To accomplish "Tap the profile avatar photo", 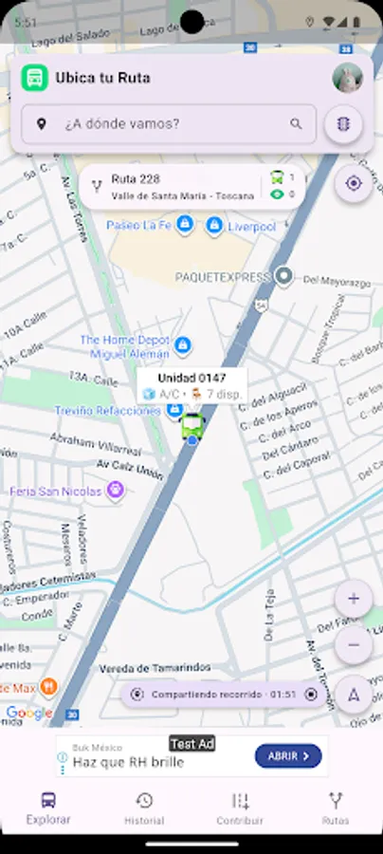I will point(348,78).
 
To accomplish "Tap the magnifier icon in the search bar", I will point(297,123).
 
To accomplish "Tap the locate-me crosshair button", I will point(354,183).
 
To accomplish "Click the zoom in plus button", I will point(354,599).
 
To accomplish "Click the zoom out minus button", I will point(354,645).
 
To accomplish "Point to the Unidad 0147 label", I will point(191,378).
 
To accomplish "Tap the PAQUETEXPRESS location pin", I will point(283,277).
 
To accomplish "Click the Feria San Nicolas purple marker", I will point(116,491).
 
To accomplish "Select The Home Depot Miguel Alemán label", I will point(125,346).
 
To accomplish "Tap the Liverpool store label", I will point(251,227).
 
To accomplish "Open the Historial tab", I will point(144,808).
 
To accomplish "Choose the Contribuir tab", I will point(240,808).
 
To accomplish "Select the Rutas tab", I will point(335,808).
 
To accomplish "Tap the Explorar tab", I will point(48,808).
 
